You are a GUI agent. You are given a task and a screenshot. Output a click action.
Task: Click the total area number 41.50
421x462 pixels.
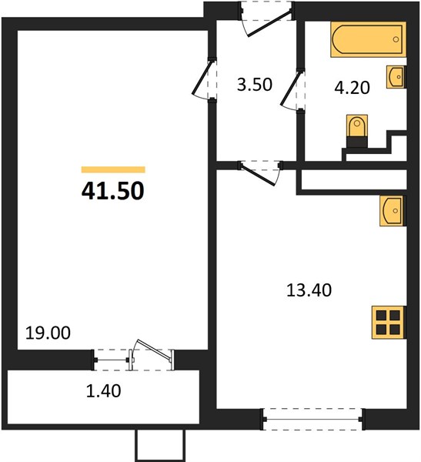tap(113, 191)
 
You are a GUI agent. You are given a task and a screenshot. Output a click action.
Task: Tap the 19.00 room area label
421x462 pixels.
tap(48, 333)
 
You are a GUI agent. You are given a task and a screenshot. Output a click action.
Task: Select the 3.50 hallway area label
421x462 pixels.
tap(255, 85)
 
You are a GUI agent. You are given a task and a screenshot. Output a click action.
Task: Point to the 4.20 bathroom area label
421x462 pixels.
tap(352, 88)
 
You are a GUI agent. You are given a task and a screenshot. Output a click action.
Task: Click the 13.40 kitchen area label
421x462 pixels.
tap(309, 290)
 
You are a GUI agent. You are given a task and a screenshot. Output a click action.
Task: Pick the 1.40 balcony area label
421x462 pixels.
tap(104, 391)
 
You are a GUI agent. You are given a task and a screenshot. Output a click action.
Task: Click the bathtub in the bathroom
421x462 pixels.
tap(368, 39)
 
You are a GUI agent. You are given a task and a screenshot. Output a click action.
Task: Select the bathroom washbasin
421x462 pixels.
tap(396, 76)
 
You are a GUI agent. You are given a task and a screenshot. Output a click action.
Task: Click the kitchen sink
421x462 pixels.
tap(392, 211)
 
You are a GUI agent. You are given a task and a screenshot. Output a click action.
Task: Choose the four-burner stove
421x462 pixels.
tap(388, 323)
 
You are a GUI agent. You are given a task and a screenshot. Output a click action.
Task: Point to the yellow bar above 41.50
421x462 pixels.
tap(113, 169)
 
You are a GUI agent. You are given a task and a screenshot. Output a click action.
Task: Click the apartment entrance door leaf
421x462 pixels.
tap(270, 23)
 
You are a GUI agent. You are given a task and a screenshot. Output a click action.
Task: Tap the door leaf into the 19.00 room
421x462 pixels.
tap(202, 77)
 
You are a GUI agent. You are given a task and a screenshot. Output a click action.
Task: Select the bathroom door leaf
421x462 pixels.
tap(291, 88)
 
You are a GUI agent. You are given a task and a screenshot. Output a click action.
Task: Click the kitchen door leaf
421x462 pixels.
tap(258, 176)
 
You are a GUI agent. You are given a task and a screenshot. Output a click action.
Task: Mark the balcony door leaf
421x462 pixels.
tap(155, 350)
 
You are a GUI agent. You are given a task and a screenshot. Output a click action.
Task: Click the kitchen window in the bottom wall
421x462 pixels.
tap(313, 420)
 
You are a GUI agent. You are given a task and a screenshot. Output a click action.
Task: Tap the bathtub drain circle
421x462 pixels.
tap(396, 39)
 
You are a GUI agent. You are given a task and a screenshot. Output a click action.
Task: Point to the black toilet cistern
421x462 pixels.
tap(357, 142)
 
